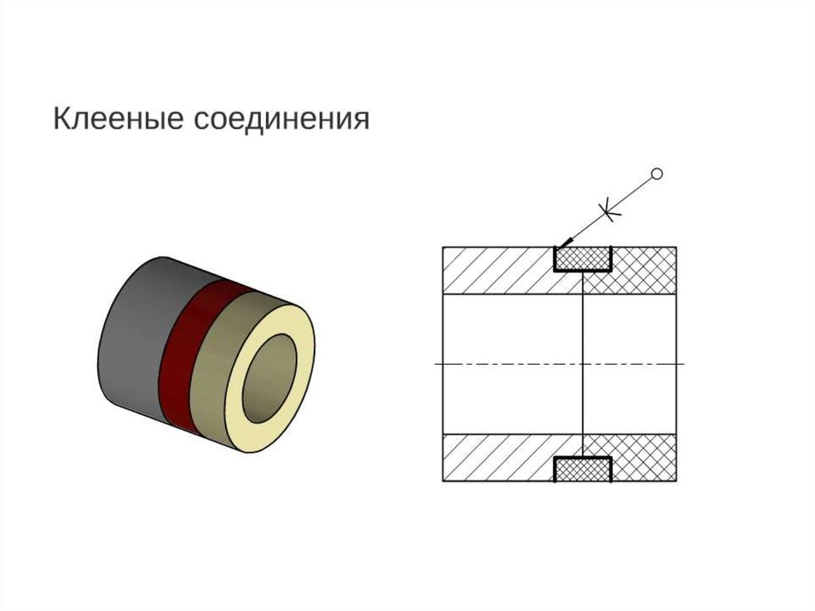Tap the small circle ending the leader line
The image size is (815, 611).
click(657, 173)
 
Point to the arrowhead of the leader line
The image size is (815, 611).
click(563, 242)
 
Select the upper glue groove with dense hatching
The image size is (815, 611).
click(583, 259)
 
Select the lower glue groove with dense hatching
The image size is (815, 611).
click(583, 469)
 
